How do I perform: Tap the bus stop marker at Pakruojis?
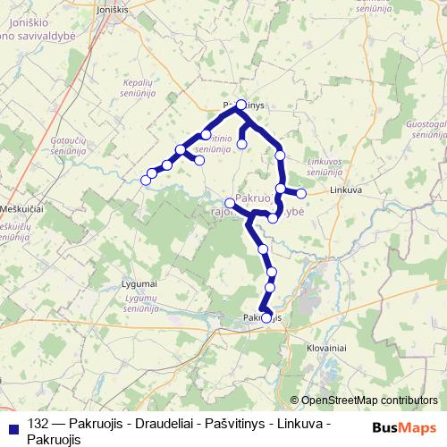(x=266, y=317)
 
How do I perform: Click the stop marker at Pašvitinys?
(x=240, y=105)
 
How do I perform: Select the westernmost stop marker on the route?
(x=146, y=180)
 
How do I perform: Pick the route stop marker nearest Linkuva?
(x=301, y=193)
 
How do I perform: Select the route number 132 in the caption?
(x=38, y=424)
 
